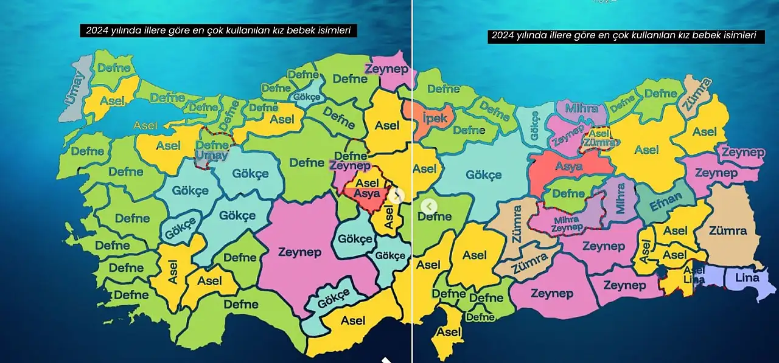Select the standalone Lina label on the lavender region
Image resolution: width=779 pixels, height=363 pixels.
click(x=747, y=278)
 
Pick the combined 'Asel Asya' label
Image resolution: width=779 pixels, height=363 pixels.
click(x=367, y=188)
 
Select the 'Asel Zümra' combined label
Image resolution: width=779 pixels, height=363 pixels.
click(x=599, y=138)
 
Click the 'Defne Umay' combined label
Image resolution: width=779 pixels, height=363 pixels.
click(x=212, y=150)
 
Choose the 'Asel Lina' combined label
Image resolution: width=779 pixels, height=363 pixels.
click(x=694, y=275)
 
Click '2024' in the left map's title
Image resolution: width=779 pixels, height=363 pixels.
click(x=96, y=30)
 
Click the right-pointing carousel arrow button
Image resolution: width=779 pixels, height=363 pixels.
click(x=396, y=196)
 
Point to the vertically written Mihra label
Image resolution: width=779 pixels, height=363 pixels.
click(x=620, y=198)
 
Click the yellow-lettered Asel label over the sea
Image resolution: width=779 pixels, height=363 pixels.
click(x=145, y=125)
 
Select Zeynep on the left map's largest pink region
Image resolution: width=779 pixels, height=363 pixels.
click(x=299, y=252)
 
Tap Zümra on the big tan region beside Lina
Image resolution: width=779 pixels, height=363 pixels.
click(x=727, y=231)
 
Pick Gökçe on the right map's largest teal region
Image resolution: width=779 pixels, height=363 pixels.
click(x=484, y=175)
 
